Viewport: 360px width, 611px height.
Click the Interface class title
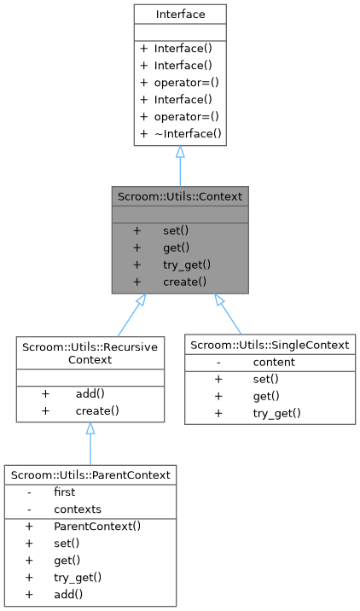pyautogui.click(x=180, y=14)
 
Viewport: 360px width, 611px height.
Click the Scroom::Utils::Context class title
pyautogui.click(x=180, y=196)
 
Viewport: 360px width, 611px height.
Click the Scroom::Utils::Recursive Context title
pyautogui.click(x=90, y=354)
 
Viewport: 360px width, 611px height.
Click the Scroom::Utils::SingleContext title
pyautogui.click(x=270, y=346)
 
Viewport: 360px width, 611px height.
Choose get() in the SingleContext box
pyautogui.click(x=266, y=396)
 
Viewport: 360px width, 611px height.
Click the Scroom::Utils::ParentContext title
pyautogui.click(x=90, y=474)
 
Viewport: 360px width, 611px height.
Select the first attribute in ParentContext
pyautogui.click(x=65, y=492)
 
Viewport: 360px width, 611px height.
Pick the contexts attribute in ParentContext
pyautogui.click(x=77, y=509)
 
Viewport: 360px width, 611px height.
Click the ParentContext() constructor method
pyautogui.click(x=96, y=527)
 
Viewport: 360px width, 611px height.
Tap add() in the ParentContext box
pyautogui.click(x=70, y=593)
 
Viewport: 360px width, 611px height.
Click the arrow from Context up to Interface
pyautogui.click(x=180, y=166)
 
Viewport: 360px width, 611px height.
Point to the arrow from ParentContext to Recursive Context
pyautogui.click(x=90, y=444)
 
